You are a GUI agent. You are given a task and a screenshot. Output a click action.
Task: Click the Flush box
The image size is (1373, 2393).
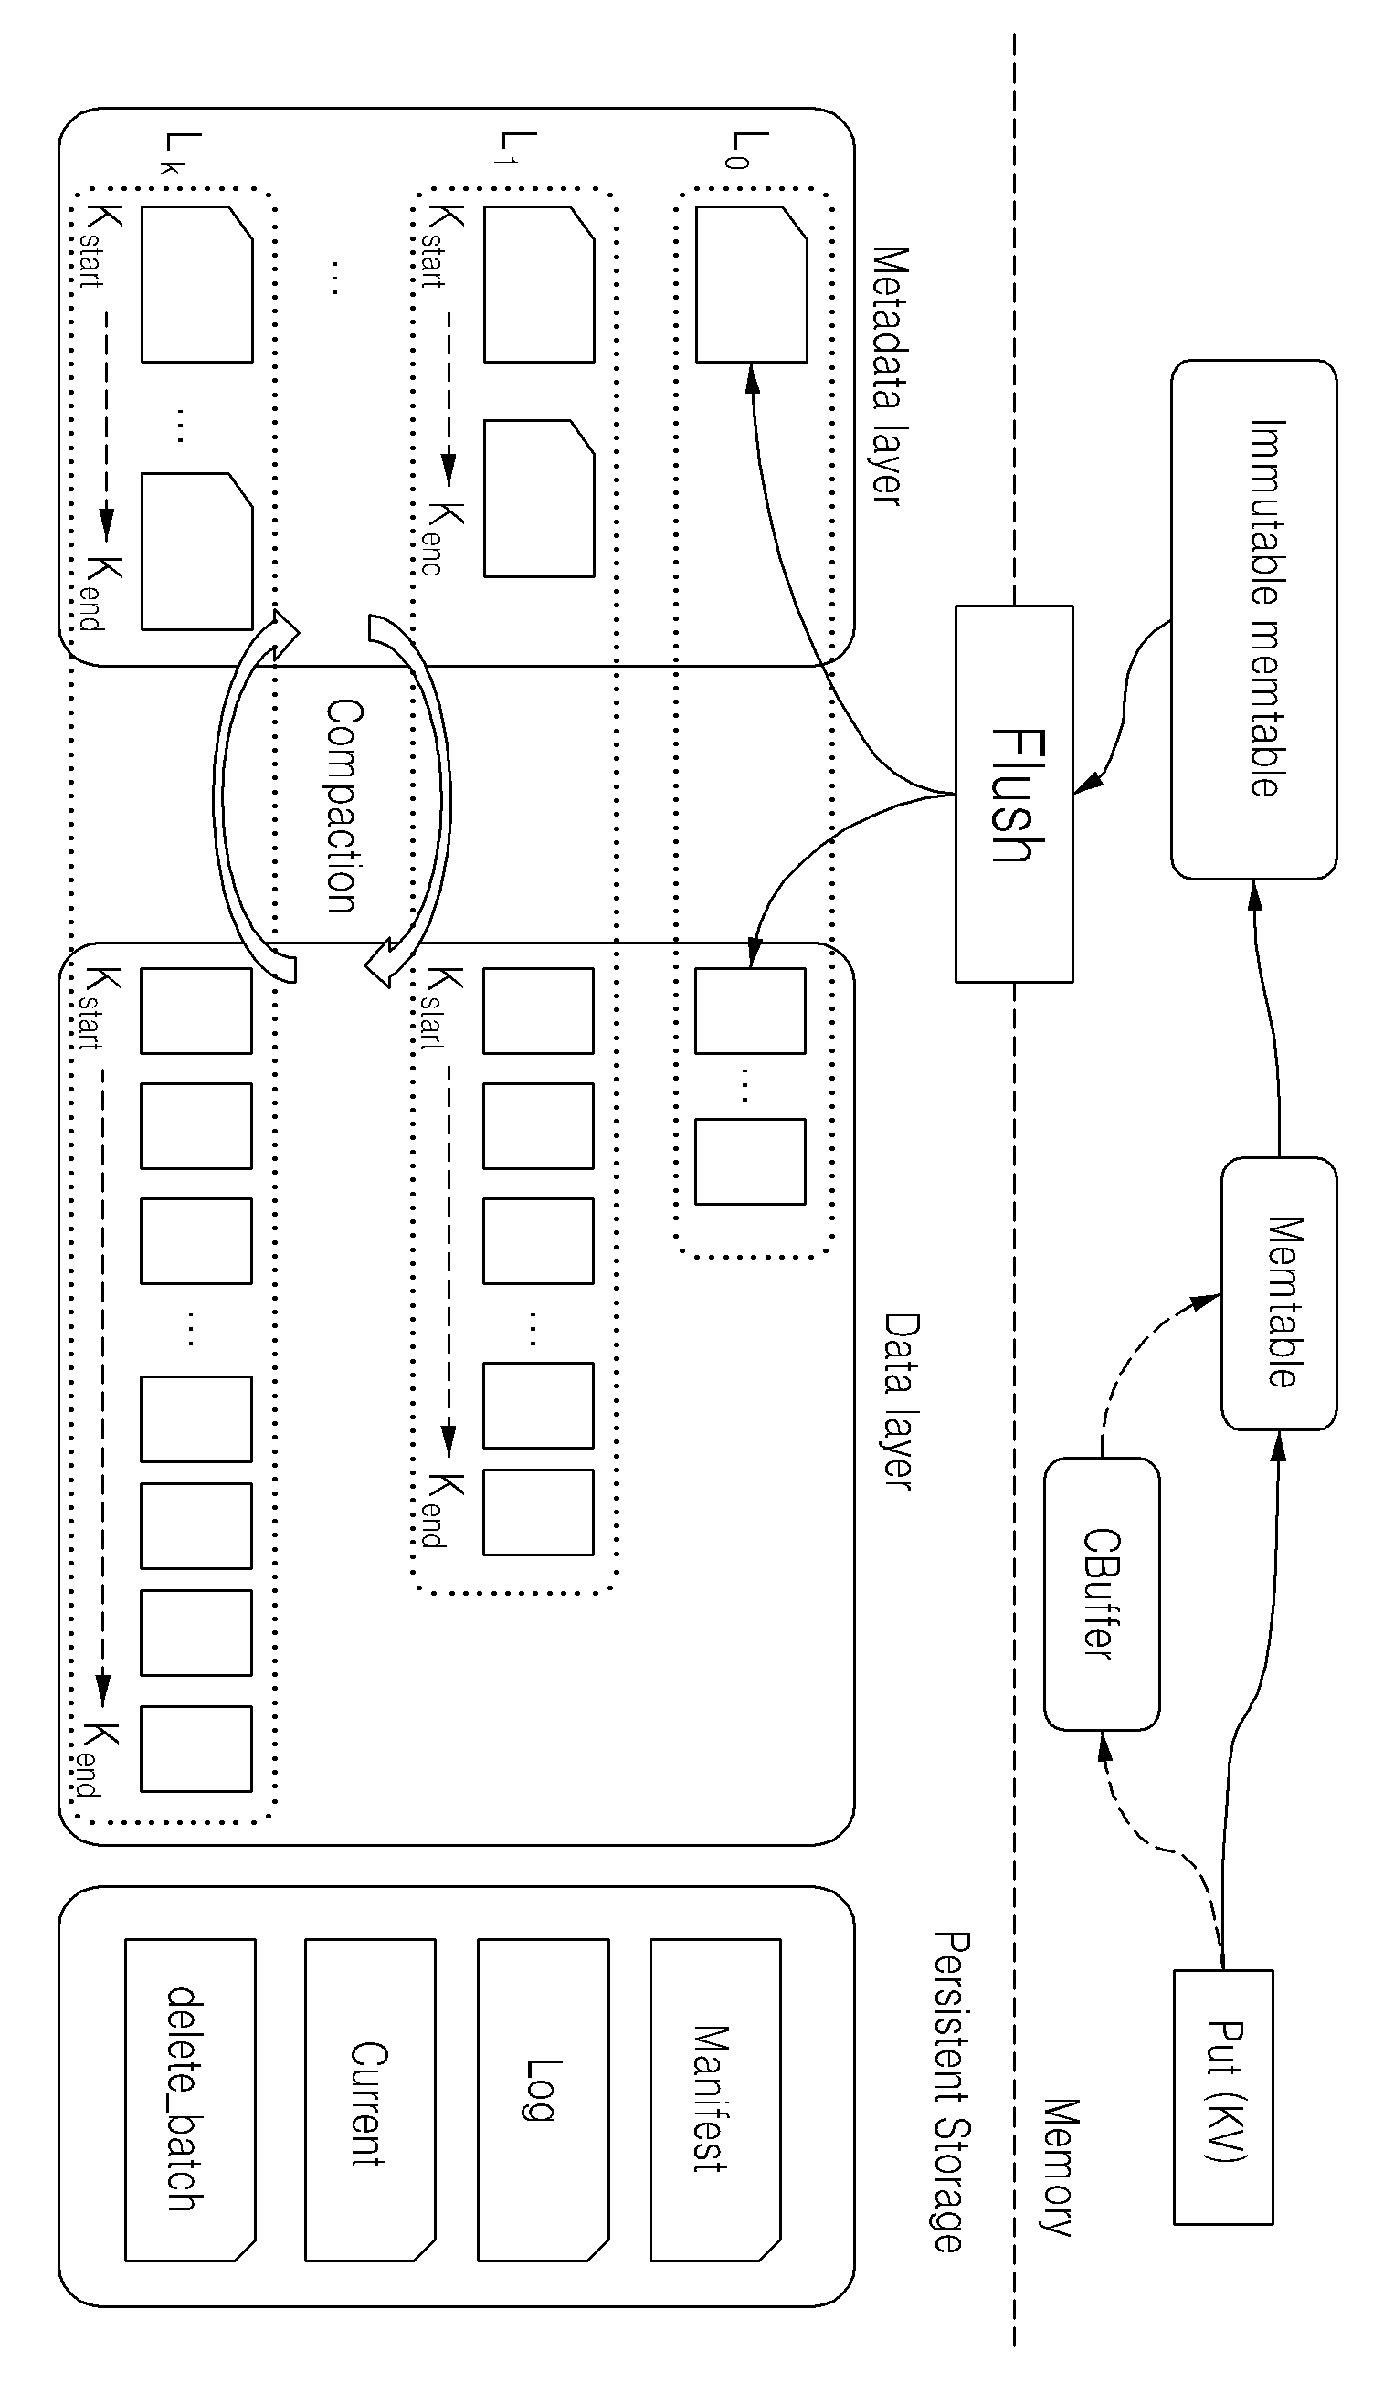pos(1014,794)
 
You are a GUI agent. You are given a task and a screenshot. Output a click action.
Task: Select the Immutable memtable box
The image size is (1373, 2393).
pos(1253,619)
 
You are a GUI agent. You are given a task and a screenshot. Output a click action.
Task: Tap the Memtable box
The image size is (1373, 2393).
pos(1279,1293)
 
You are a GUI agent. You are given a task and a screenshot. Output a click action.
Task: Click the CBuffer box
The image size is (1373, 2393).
pos(1102,1594)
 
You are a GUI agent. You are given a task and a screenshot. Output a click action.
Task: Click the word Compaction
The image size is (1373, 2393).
pos(343,806)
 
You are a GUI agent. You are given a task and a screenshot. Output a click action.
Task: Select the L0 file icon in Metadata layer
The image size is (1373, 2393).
pos(752,284)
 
